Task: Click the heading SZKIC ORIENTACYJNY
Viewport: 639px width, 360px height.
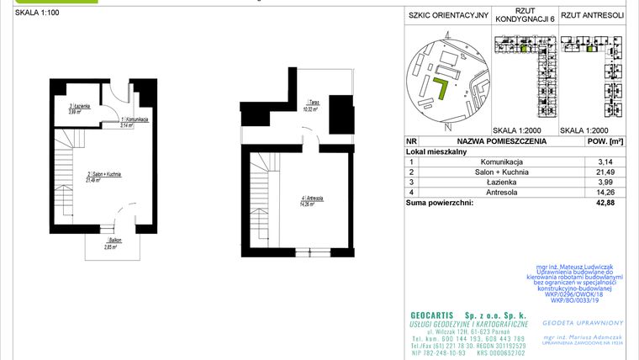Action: (447, 15)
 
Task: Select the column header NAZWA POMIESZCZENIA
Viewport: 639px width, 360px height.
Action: (502, 142)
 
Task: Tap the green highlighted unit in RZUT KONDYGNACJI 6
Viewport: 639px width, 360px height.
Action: (524, 50)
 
